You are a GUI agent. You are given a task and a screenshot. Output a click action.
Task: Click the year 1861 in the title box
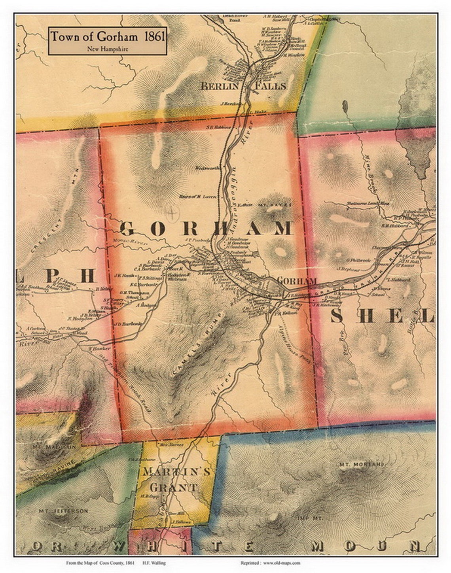pyautogui.click(x=153, y=37)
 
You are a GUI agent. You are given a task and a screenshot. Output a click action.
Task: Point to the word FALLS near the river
pyautogui.click(x=270, y=86)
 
